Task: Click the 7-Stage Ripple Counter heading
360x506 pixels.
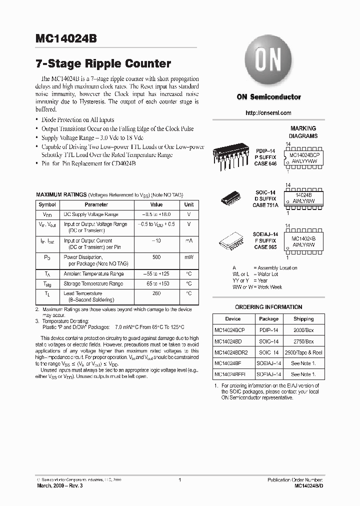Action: pos(103,64)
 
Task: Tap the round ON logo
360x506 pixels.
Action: pos(268,61)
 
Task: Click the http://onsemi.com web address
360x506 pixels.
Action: pos(268,113)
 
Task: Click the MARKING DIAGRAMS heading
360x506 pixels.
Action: pos(303,132)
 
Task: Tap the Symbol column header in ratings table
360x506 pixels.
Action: pos(47,204)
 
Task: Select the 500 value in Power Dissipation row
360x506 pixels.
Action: pos(156,256)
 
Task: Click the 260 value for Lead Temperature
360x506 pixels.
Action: pos(156,293)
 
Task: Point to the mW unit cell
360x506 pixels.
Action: pos(188,256)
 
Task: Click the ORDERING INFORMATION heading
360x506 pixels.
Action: pos(268,307)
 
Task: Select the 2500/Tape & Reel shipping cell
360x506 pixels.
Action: pos(303,352)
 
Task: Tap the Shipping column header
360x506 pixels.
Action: pos(303,318)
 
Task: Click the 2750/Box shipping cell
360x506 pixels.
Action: pos(303,341)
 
